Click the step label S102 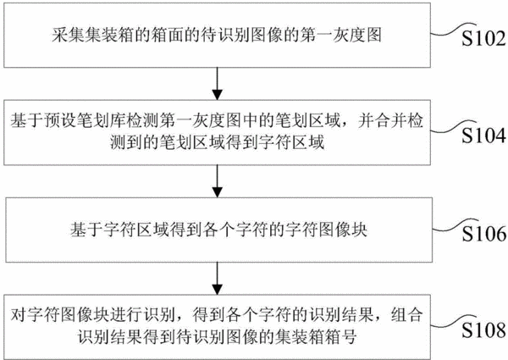(483, 39)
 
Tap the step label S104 (483, 136)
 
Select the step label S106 (484, 234)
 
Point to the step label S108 (483, 330)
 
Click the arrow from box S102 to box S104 (218, 84)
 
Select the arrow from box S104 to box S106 (218, 181)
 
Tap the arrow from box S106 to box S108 (218, 279)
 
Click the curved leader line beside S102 (453, 29)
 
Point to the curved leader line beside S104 (453, 126)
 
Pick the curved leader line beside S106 (456, 224)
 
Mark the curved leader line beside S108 (453, 321)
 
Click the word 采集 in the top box (69, 36)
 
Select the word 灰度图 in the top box (357, 36)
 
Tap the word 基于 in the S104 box (26, 121)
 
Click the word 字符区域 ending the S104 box (291, 142)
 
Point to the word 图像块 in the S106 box (343, 230)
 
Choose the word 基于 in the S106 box (86, 230)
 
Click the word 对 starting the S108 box (18, 315)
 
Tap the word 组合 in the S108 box (407, 315)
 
